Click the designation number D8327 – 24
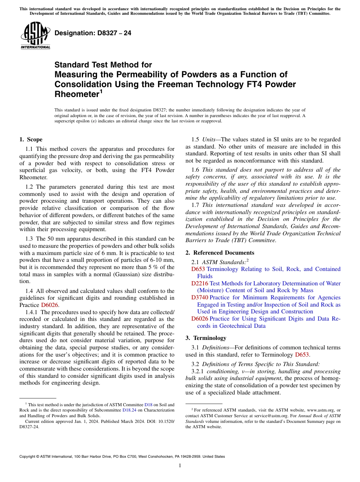click(x=93, y=33)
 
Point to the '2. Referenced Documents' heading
click(x=220, y=253)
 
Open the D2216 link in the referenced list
click(x=200, y=283)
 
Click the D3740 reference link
click(x=200, y=297)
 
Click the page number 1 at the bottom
click(x=180, y=466)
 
